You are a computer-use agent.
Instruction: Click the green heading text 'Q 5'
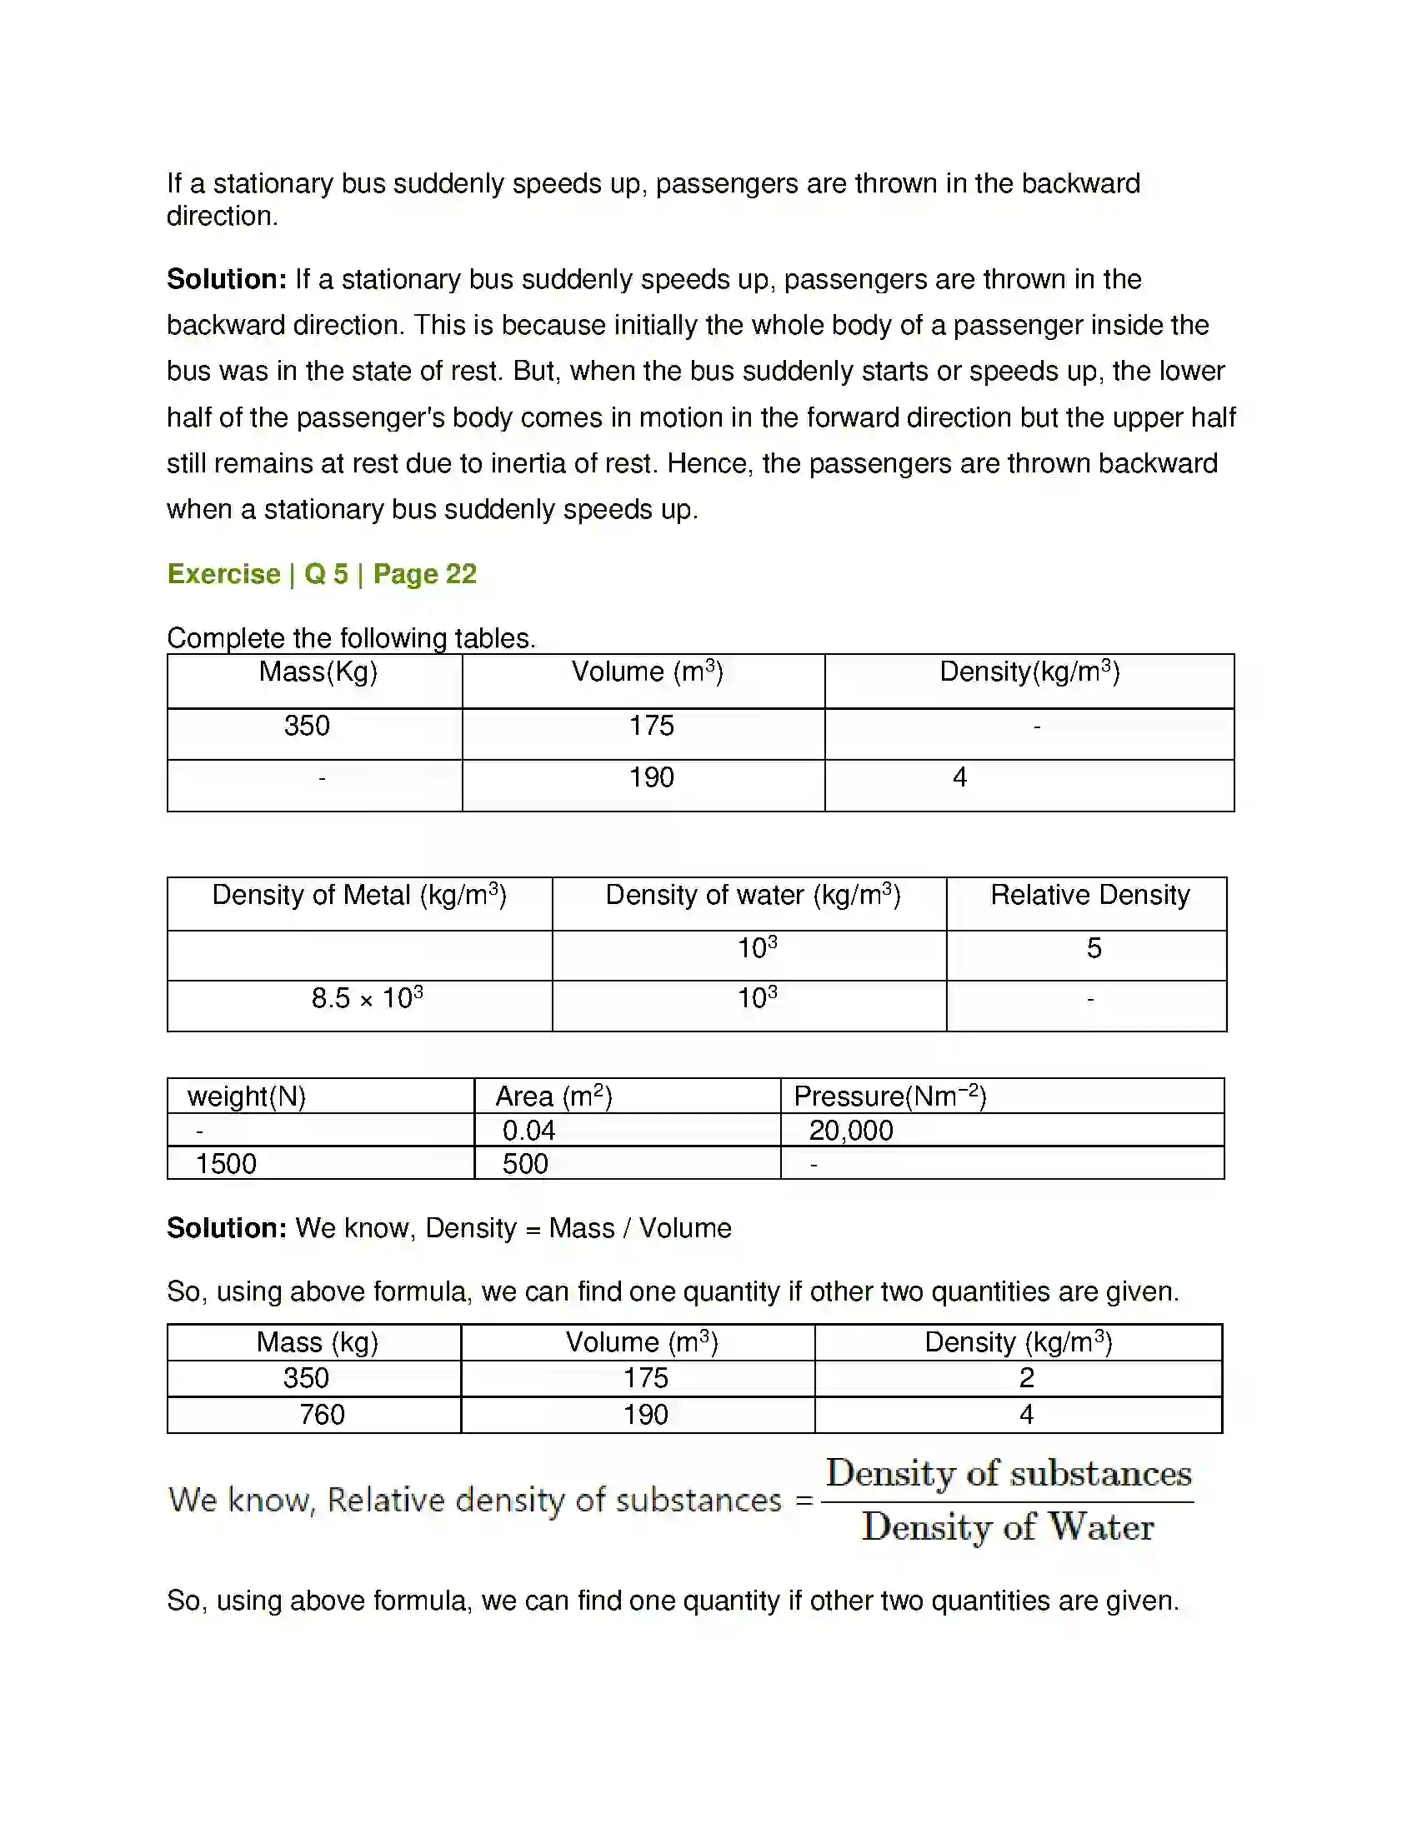(x=326, y=574)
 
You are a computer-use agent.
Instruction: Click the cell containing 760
(x=323, y=1414)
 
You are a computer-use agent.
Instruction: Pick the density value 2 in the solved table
(x=1026, y=1377)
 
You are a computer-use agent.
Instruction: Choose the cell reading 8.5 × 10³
(x=367, y=998)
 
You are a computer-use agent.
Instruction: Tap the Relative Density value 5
(x=1093, y=948)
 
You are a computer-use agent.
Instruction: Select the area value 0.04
(x=528, y=1131)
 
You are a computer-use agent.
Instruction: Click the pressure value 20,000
(x=850, y=1131)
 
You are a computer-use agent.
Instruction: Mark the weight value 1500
(x=226, y=1164)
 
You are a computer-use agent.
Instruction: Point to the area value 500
(x=525, y=1164)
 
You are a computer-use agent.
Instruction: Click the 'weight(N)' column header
(x=246, y=1096)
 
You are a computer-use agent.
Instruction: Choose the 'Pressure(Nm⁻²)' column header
(x=890, y=1096)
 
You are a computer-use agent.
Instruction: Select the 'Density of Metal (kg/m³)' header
(x=359, y=895)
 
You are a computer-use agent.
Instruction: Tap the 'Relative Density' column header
(x=1089, y=895)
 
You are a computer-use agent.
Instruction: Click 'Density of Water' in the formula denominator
(x=1008, y=1526)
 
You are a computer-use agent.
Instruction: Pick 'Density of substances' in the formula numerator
(x=1009, y=1474)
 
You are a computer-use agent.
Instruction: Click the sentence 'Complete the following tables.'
(x=351, y=638)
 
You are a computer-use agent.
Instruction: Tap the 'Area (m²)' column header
(x=554, y=1096)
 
